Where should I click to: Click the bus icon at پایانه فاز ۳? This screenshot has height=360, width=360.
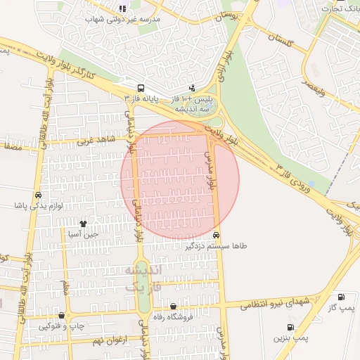[141, 89]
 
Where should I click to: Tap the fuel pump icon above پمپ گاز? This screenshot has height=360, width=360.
[341, 297]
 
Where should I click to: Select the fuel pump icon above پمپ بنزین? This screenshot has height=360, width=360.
[290, 328]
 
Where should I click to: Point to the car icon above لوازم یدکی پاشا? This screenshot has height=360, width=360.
[37, 195]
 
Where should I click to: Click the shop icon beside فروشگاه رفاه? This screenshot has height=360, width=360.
[174, 306]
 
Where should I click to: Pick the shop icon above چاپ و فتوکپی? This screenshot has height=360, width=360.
[63, 316]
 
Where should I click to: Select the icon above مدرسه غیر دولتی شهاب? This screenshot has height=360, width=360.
[122, 9]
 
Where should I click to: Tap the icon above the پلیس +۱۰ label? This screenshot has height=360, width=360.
[192, 89]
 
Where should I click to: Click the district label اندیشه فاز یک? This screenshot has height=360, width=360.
[143, 278]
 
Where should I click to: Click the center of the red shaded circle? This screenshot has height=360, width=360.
[180, 180]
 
